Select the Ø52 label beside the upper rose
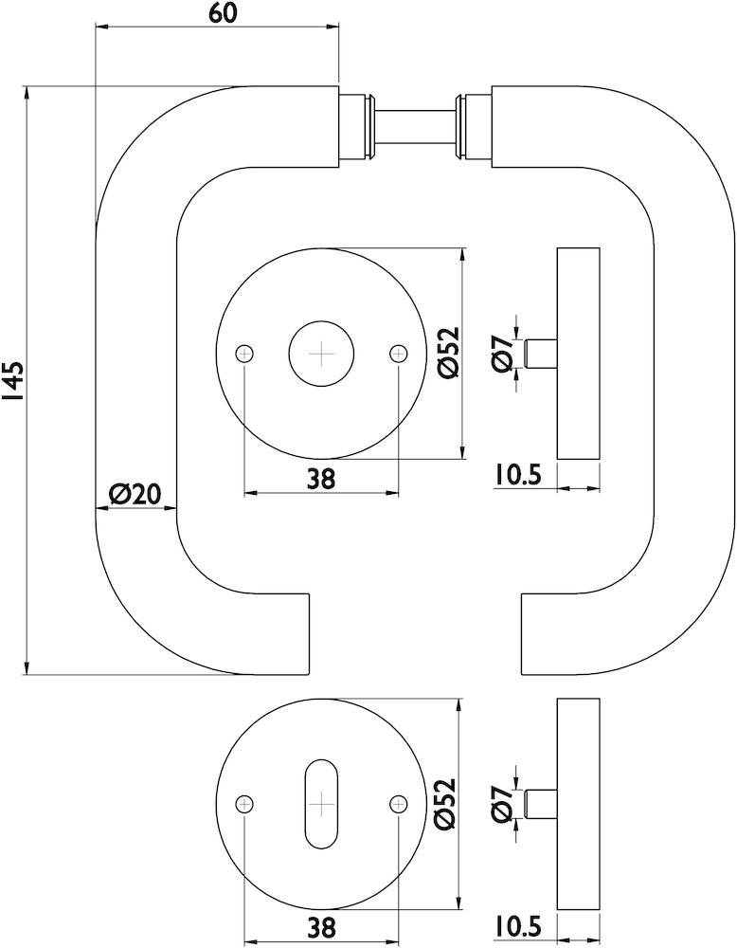[x=448, y=354]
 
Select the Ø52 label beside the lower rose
[x=448, y=804]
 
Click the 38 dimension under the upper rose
[x=321, y=479]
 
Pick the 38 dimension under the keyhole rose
[x=321, y=928]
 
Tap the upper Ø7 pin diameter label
[x=503, y=353]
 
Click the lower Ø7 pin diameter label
[x=503, y=803]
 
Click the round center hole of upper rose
[x=322, y=354]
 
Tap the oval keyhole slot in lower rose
[x=322, y=804]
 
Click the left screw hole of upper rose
[x=245, y=354]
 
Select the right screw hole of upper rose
[x=398, y=354]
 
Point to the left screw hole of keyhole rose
[x=245, y=804]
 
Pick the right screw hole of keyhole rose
[x=398, y=804]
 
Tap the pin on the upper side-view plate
[x=542, y=354]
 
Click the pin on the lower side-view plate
[x=542, y=803]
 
